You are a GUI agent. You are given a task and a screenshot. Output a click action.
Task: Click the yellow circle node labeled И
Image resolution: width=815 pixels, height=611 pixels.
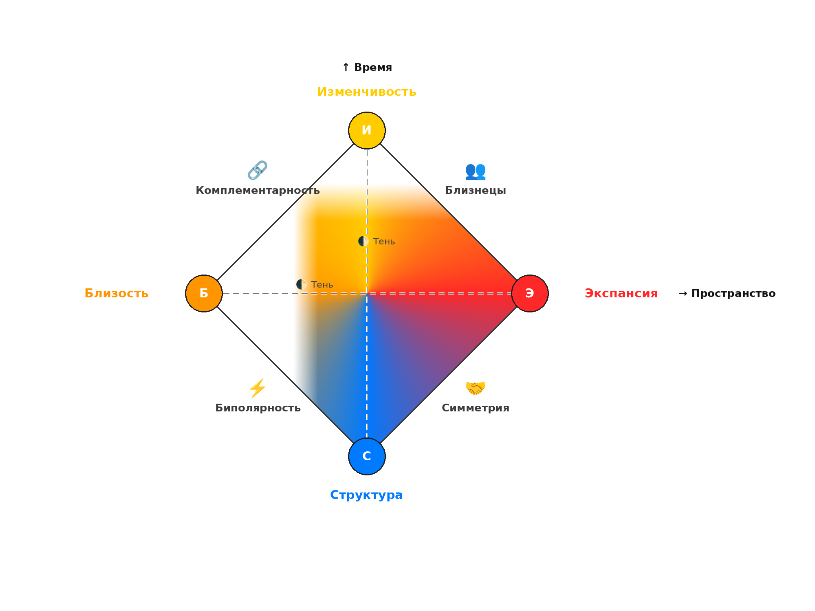367,130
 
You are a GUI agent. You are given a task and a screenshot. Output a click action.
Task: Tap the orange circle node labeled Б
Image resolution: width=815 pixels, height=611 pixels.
204,293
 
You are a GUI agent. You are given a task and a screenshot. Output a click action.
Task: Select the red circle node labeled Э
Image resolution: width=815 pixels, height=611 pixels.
530,293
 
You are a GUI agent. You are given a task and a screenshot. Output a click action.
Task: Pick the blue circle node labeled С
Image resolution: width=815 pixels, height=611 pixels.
367,456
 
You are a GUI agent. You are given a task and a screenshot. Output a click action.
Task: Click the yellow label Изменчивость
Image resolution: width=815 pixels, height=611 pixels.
367,92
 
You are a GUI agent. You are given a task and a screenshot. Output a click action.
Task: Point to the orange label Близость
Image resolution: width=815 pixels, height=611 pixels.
117,293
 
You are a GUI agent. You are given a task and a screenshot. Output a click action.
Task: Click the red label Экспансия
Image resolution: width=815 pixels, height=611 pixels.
621,293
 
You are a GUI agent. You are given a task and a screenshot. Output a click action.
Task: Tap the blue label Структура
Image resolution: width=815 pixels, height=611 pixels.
367,495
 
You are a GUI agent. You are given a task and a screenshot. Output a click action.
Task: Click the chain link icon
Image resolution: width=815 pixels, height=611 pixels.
258,170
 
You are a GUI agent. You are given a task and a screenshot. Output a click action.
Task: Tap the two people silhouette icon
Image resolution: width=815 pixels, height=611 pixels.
476,171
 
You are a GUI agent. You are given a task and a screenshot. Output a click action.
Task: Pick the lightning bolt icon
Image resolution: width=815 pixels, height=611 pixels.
258,388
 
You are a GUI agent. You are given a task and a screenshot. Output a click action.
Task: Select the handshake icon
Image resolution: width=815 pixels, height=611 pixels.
476,388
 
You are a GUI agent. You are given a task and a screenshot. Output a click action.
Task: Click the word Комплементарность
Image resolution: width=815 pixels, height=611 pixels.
258,191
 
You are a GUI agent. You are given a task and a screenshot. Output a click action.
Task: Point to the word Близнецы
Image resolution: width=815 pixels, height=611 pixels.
476,191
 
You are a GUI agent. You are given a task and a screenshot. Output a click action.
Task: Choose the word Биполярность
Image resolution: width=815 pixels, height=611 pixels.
258,408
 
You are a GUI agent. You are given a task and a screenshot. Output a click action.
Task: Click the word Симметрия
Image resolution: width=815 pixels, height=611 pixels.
476,408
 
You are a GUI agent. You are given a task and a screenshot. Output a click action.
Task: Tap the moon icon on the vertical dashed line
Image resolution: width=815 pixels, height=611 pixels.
363,241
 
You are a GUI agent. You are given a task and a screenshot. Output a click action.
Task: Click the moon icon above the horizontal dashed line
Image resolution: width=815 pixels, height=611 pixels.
302,284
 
